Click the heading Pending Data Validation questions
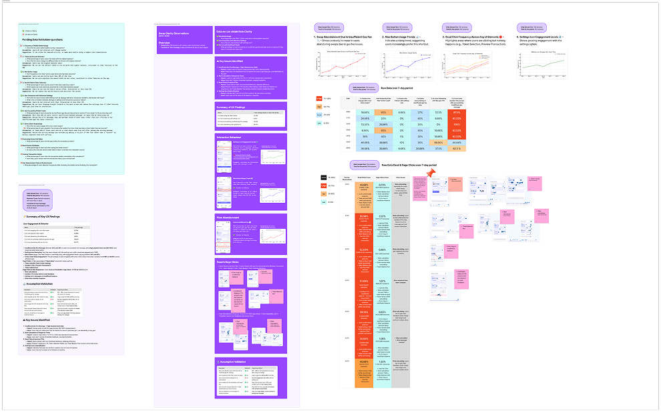click(46, 41)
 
